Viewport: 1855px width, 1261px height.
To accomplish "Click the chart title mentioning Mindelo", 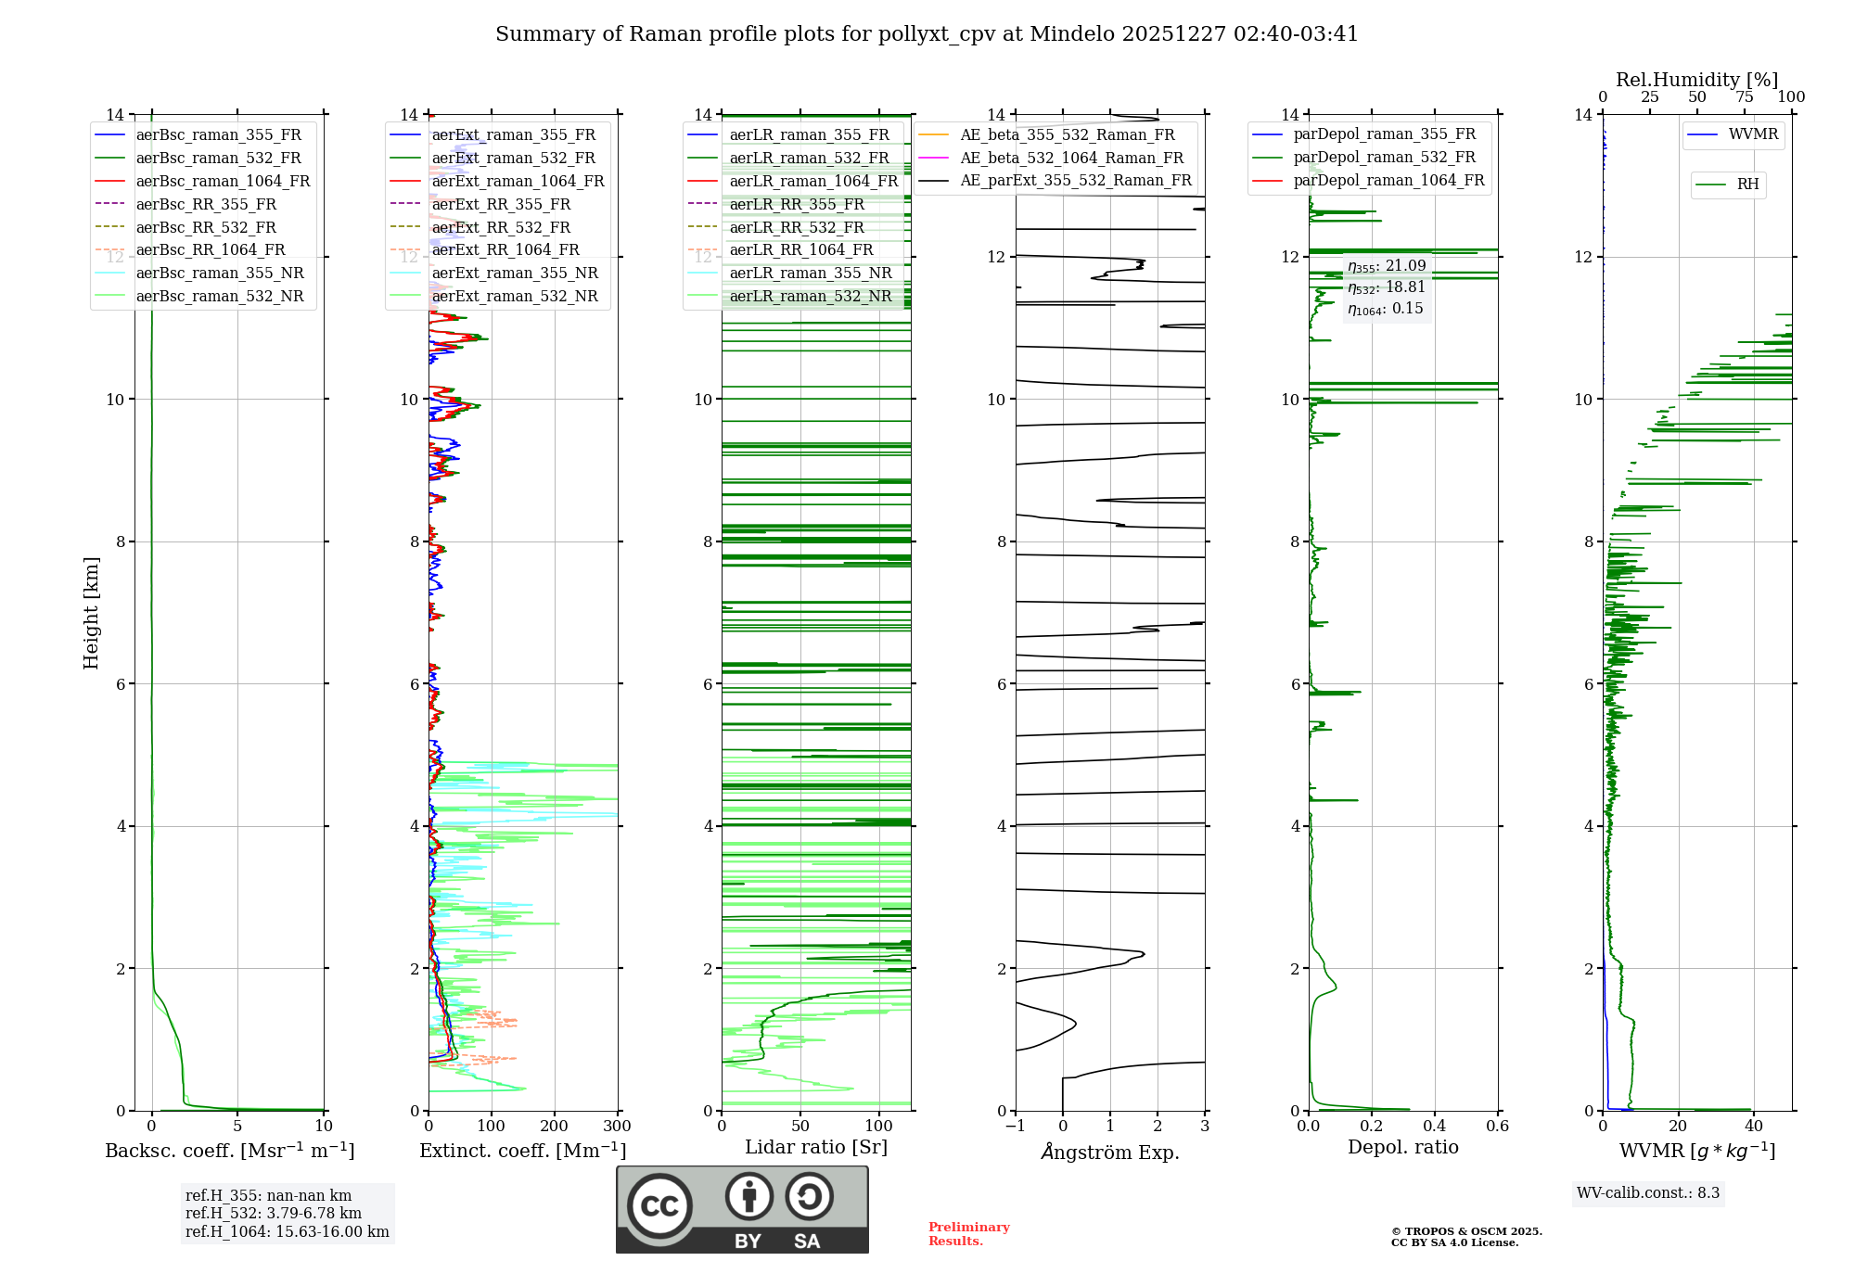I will point(927,34).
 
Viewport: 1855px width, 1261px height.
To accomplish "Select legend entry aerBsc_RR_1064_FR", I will point(210,250).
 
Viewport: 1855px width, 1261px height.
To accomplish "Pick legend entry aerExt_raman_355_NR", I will point(514,274).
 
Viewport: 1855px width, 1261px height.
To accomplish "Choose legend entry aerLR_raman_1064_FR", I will point(813,182).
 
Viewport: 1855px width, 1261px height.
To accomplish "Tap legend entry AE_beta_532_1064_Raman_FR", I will point(1071,159).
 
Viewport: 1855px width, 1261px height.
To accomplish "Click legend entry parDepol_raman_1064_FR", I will point(1388,181).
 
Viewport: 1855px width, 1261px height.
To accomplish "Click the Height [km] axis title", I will point(91,613).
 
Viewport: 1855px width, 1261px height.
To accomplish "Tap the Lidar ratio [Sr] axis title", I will point(816,1147).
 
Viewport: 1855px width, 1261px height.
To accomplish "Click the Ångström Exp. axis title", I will point(1110,1152).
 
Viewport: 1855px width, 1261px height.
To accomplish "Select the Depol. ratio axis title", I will point(1402,1147).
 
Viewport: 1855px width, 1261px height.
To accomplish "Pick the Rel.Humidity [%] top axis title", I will point(1696,80).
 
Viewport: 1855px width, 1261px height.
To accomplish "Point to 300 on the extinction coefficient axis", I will point(617,1127).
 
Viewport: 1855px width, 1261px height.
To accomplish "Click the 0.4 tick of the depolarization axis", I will point(1434,1127).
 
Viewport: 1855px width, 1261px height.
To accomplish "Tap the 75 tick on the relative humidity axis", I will point(1744,97).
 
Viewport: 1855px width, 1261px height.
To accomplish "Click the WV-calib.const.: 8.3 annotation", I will point(1648,1193).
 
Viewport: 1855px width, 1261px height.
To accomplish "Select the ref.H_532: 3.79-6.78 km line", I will point(273,1214).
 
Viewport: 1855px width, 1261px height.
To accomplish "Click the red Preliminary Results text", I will point(968,1234).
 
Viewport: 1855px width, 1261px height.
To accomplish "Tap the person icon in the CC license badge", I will point(749,1197).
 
